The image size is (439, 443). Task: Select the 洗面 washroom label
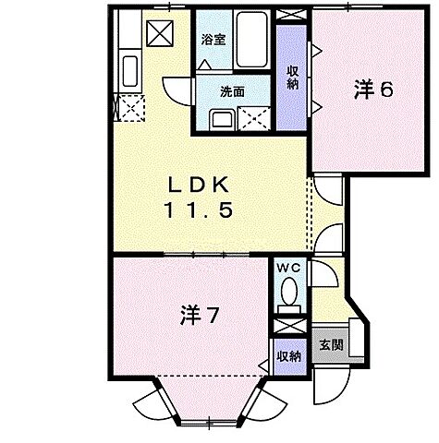point(231,93)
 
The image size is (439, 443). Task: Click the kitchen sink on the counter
point(128,70)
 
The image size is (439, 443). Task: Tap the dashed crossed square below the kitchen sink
point(128,107)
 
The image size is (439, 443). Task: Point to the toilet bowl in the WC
point(289,295)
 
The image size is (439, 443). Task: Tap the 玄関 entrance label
point(331,346)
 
